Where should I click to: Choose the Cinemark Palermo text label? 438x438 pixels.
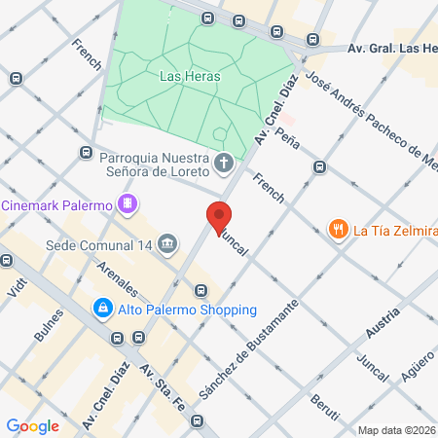[x=55, y=205]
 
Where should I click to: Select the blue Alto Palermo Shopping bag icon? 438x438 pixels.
[x=102, y=310]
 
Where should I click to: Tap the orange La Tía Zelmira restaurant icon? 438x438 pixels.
[x=338, y=231]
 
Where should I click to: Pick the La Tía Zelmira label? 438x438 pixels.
[x=395, y=231]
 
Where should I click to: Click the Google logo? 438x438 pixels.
[x=32, y=425]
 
